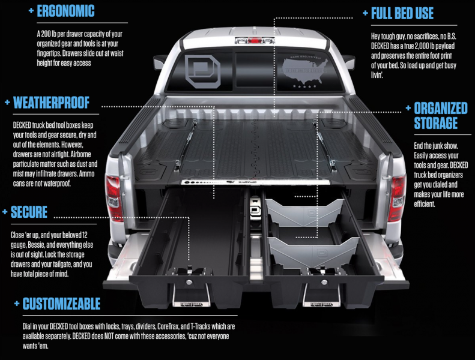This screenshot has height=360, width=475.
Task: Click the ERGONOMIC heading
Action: (x=65, y=11)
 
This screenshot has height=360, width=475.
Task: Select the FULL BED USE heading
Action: (x=402, y=14)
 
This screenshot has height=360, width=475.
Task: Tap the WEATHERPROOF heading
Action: (x=51, y=103)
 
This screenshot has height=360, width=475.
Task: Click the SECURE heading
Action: (x=29, y=212)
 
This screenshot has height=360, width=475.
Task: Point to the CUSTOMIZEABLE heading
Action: (x=61, y=304)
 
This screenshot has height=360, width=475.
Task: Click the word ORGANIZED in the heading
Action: (x=441, y=109)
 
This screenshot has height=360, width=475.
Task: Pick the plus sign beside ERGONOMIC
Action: (x=31, y=11)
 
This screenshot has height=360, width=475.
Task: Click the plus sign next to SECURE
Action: (x=5, y=212)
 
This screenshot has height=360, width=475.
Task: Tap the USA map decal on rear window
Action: (x=304, y=71)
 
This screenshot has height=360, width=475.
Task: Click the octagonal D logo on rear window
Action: (x=202, y=72)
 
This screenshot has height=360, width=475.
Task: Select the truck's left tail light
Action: (x=113, y=197)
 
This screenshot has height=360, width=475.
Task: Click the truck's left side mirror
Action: (x=160, y=62)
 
